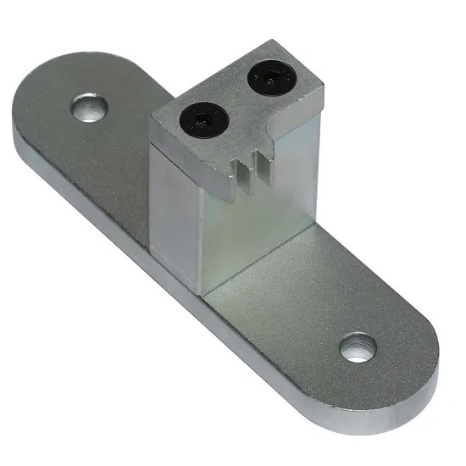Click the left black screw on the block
click(201, 118)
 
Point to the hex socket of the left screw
click(201, 118)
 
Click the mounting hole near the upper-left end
click(88, 108)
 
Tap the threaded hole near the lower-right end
click(358, 347)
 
